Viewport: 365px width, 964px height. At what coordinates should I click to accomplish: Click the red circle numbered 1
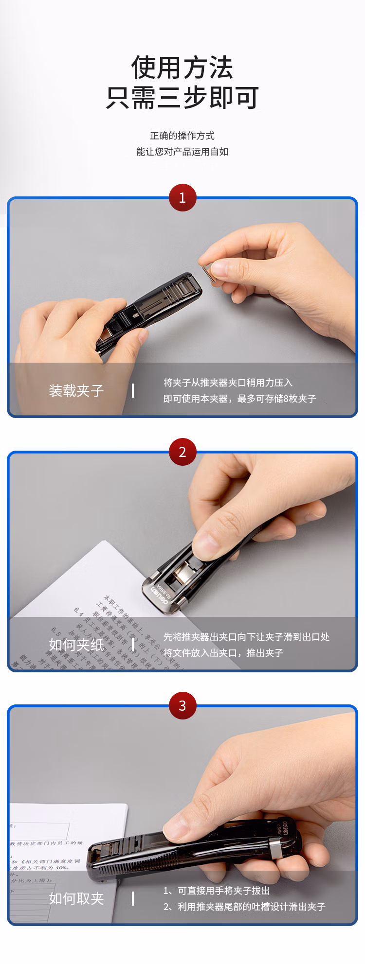tap(182, 197)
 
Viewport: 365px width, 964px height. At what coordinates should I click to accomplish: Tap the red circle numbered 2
tap(182, 452)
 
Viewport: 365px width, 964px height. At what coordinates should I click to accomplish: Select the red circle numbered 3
tap(182, 705)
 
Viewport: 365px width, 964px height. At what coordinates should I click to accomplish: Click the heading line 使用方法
tap(182, 68)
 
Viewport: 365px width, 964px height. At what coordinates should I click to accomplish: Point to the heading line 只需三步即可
tap(182, 98)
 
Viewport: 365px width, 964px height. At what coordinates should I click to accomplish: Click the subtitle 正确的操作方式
tap(182, 136)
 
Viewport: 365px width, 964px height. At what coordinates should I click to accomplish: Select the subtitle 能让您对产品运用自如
tap(182, 152)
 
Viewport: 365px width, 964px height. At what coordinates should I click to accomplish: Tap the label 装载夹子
tap(76, 390)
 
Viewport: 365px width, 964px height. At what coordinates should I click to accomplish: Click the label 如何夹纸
tap(76, 645)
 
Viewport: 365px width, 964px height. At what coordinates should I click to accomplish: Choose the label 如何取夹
tap(76, 898)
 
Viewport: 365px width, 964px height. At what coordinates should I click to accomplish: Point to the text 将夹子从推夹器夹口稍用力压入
tap(228, 383)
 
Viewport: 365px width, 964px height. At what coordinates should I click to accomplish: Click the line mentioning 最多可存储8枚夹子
tap(239, 399)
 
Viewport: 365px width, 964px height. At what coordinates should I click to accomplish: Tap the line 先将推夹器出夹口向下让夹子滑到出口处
tap(246, 637)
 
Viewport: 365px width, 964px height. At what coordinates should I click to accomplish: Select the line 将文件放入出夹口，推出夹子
tap(223, 653)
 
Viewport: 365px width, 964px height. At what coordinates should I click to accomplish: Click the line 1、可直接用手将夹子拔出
tap(217, 891)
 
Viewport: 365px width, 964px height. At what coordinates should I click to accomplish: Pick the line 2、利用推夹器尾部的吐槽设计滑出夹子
tap(244, 907)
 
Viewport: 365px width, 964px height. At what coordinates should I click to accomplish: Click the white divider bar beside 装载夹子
tap(133, 390)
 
